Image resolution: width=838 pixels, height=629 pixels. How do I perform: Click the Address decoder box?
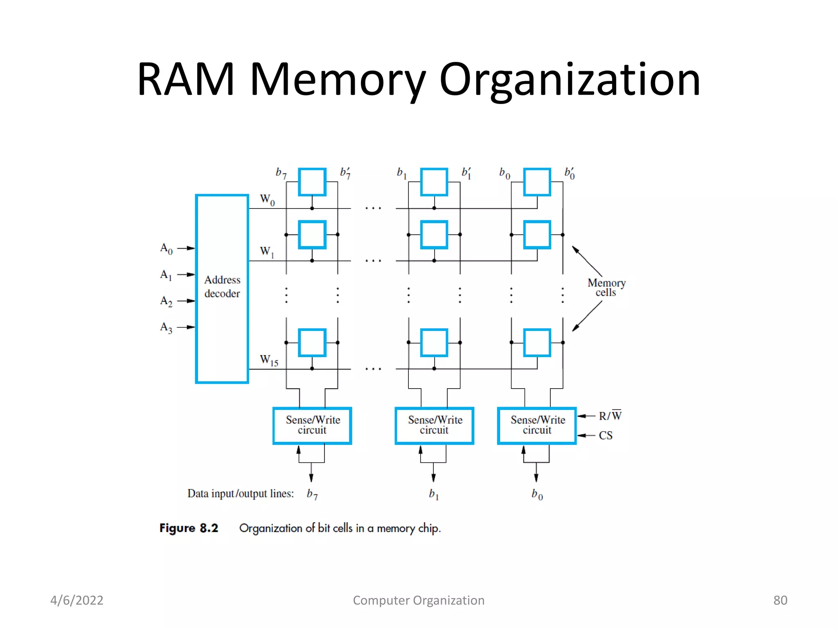[222, 289]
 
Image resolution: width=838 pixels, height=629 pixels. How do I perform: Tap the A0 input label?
[166, 249]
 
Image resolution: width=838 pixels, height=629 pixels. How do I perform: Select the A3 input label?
[166, 328]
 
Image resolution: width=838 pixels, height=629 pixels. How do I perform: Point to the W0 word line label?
[267, 200]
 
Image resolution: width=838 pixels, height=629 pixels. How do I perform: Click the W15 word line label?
[269, 360]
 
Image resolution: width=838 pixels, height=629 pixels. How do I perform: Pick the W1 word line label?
[267, 251]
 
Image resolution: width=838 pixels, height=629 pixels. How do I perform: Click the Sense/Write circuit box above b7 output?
[312, 425]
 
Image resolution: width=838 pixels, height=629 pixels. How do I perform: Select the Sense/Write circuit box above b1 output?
[434, 425]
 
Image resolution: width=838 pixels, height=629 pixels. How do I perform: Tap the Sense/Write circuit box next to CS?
[537, 425]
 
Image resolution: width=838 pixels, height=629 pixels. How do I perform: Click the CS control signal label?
[606, 435]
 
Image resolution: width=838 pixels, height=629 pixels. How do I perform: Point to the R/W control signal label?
[610, 416]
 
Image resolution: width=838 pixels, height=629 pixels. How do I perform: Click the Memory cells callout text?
[606, 287]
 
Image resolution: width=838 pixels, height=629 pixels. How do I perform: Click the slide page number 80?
[780, 600]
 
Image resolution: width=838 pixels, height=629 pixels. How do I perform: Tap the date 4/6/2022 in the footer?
[77, 600]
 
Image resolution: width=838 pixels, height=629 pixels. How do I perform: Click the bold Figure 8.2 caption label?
[189, 528]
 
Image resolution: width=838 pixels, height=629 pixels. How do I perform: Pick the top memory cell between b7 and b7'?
[312, 182]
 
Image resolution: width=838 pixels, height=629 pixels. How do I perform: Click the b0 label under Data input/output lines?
[537, 494]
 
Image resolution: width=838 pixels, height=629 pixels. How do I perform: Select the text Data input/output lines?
[241, 493]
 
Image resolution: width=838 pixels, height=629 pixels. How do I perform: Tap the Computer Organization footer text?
[419, 600]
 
